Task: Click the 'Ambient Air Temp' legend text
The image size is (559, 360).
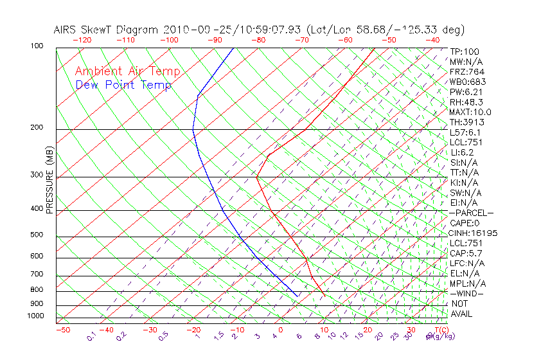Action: pos(128,71)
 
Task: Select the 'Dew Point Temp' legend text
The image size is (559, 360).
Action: pos(123,85)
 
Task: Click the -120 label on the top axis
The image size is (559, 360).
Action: pos(82,40)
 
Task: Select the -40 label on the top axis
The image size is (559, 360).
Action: pos(433,40)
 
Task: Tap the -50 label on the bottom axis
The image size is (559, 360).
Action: pos(62,330)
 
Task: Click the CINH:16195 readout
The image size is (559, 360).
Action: pos(474,233)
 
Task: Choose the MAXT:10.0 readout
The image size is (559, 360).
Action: pos(470,112)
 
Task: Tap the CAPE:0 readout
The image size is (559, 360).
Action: pos(466,223)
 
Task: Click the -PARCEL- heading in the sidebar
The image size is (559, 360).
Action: pos(472,213)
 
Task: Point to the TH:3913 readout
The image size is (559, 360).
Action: pos(467,122)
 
